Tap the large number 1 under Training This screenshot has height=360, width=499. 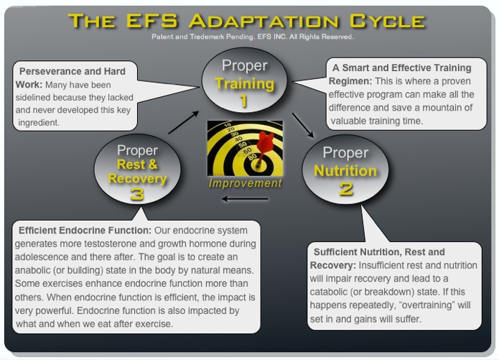pos(244,101)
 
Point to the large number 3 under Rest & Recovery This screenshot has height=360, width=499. pos(137,194)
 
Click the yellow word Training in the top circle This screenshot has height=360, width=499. pos(245,83)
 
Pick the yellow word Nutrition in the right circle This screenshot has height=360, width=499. pos(345,171)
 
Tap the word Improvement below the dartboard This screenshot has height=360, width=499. pos(246,183)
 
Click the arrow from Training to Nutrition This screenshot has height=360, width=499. pos(302,124)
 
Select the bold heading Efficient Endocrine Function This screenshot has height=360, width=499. pos(79,231)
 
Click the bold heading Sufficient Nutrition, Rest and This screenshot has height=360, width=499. pos(379,252)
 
